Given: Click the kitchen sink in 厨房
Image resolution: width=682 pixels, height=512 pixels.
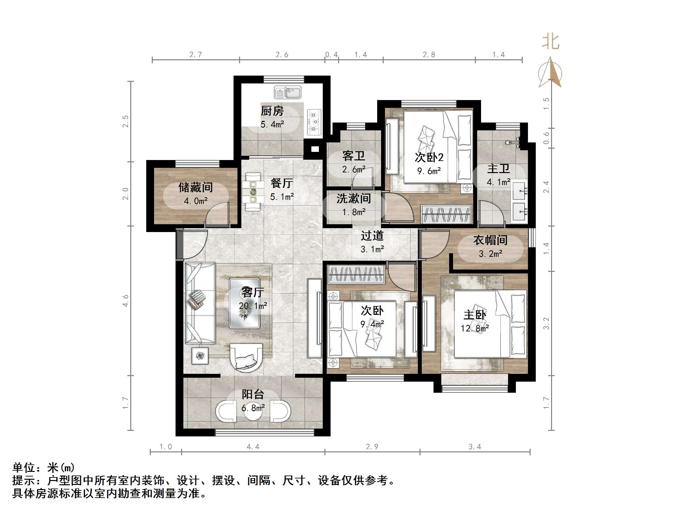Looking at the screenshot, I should point(288,92).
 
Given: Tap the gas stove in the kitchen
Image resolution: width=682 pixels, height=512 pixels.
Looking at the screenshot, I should point(314,122).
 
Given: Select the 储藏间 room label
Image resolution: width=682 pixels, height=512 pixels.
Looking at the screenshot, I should point(195,187).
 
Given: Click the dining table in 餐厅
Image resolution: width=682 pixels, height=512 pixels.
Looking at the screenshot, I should point(253,192).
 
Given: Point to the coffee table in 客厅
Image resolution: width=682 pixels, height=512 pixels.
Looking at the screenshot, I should point(245,303).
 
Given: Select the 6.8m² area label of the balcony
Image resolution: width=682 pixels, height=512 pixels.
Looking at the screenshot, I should point(253,408).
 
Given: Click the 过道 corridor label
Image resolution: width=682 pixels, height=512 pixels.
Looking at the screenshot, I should point(372,236).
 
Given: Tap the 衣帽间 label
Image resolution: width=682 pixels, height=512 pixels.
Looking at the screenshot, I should point(490,240).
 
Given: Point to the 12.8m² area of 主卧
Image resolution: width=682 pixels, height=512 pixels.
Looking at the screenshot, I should point(475,328).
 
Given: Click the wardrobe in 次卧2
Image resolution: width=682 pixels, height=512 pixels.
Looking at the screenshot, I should point(446,214).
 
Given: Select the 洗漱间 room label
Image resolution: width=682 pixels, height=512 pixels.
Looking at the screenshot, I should point(354,198).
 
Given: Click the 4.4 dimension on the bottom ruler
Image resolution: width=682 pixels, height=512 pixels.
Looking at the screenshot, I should point(253,447).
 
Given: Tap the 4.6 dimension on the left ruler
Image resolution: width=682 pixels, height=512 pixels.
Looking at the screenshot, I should point(126,300).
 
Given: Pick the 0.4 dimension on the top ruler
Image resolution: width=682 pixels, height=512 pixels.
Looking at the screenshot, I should point(332,55).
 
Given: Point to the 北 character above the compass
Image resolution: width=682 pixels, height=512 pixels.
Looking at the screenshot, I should point(551,42).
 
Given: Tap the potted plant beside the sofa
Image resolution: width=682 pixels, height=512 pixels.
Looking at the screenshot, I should point(200,355).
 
